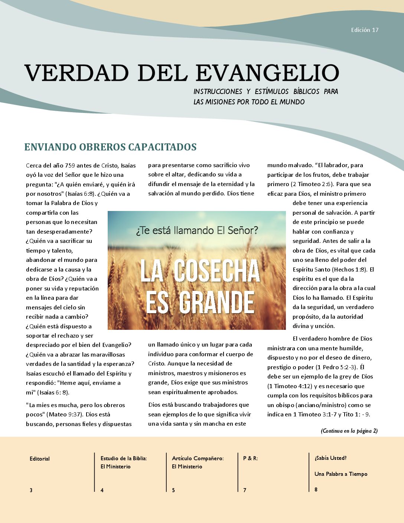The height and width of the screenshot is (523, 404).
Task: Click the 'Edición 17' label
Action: click(x=365, y=30)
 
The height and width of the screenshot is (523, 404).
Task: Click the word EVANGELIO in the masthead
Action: click(x=267, y=72)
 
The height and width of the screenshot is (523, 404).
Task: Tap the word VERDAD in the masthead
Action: click(x=76, y=72)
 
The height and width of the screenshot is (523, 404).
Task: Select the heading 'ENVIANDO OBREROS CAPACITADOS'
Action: click(x=110, y=147)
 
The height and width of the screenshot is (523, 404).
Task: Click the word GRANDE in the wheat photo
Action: click(x=216, y=302)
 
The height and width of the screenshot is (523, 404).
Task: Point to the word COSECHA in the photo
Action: click(x=217, y=271)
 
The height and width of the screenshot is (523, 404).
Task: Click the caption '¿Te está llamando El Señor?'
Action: click(x=197, y=231)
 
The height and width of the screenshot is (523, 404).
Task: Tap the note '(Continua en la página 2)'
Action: click(x=349, y=431)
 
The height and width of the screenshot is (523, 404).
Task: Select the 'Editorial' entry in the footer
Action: click(x=40, y=459)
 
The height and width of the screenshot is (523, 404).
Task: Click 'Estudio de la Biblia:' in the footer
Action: click(x=124, y=458)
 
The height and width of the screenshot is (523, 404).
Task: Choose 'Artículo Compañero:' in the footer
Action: click(x=198, y=458)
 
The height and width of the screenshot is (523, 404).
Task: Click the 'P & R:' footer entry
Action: click(x=250, y=458)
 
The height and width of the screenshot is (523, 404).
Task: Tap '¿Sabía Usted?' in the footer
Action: click(x=330, y=458)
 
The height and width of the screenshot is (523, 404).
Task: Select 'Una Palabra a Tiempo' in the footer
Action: click(x=341, y=474)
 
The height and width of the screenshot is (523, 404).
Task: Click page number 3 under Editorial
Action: click(x=31, y=490)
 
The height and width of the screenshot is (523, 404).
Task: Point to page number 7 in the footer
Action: click(x=245, y=490)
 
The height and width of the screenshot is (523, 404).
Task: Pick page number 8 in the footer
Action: click(x=316, y=490)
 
